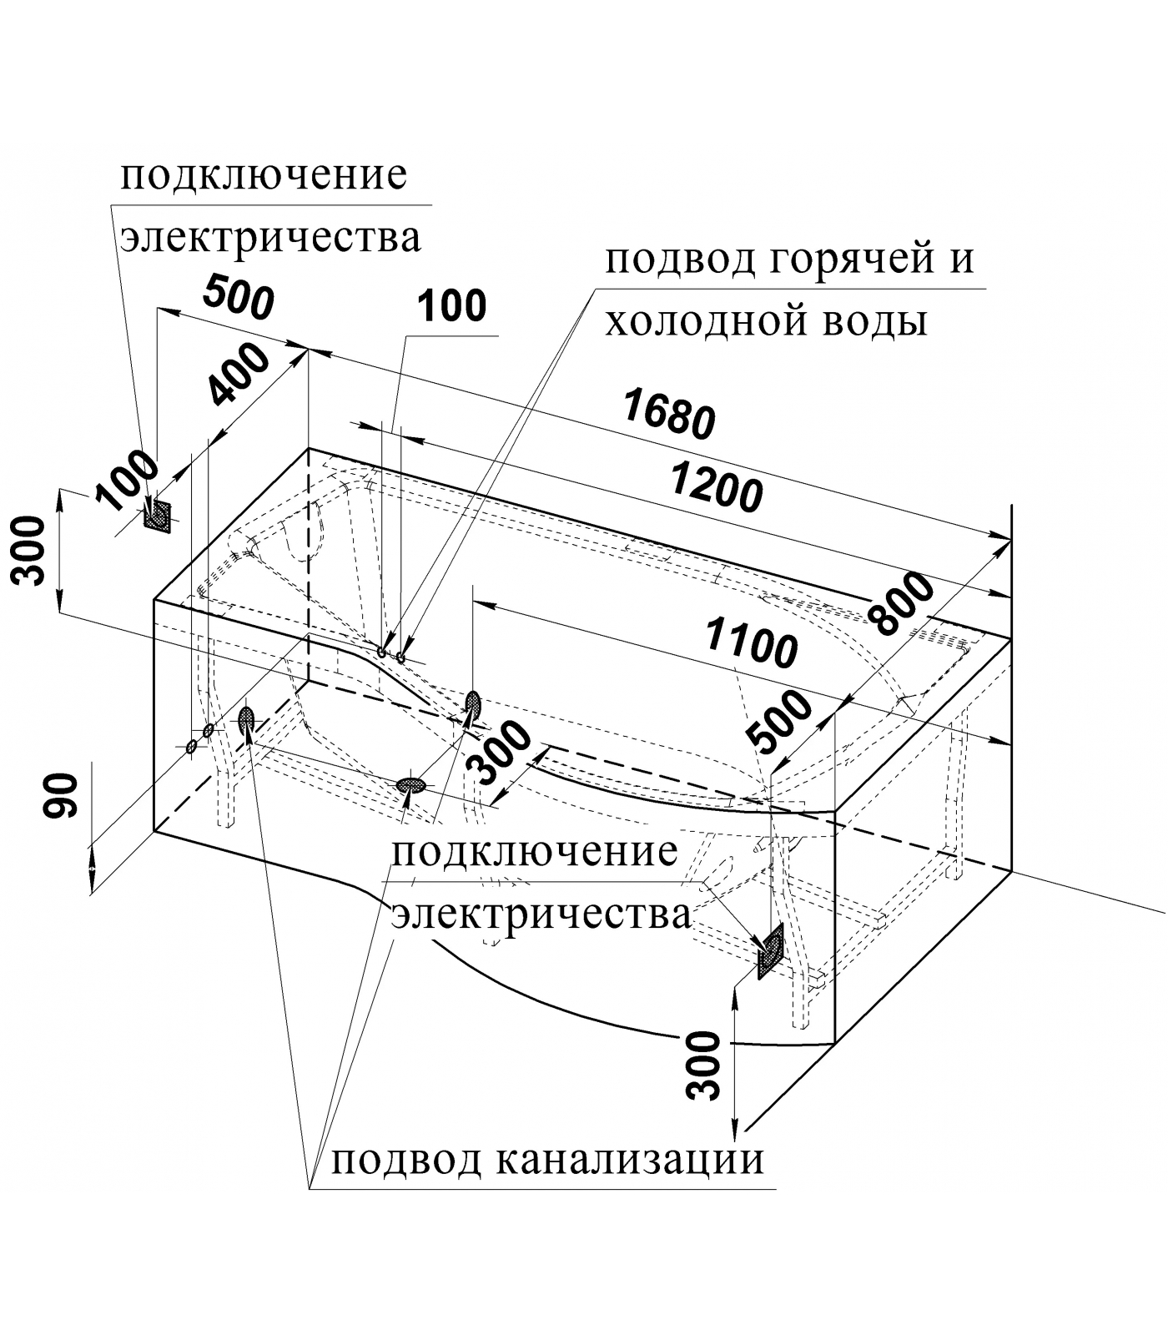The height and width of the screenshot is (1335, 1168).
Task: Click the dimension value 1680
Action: pyautogui.click(x=669, y=415)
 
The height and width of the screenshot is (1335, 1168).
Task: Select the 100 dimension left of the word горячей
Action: pyautogui.click(x=451, y=306)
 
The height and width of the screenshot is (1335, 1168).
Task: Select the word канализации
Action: pyautogui.click(x=630, y=1160)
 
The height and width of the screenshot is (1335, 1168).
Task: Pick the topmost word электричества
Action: pyautogui.click(x=271, y=238)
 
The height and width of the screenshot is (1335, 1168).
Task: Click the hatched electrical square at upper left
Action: pyautogui.click(x=157, y=516)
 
